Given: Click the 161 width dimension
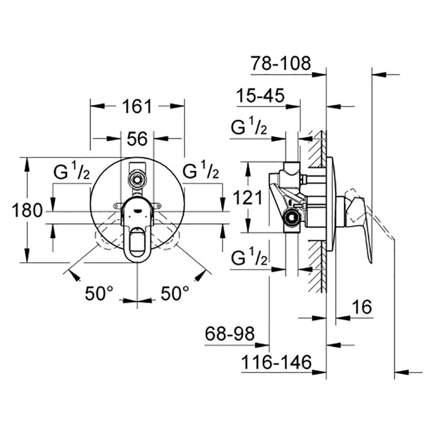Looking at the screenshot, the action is point(137,106).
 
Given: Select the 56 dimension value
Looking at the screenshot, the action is point(137,139).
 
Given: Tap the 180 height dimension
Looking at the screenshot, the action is point(27,210).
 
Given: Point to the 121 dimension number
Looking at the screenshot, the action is point(248,198).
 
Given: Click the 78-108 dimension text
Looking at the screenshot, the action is point(281,63).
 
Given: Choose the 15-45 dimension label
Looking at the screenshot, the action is point(260,95).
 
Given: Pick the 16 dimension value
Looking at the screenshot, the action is point(362,307).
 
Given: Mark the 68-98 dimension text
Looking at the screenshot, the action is point(229,334).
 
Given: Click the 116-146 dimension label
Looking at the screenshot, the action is point(277,362).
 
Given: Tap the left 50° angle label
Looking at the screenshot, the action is point(99,293).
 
